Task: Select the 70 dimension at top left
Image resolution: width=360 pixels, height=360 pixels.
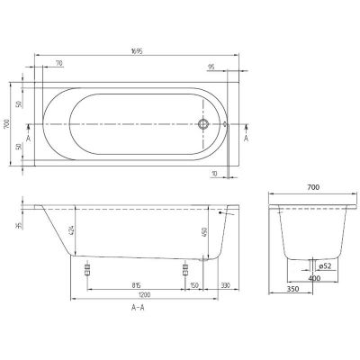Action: (x=58, y=65)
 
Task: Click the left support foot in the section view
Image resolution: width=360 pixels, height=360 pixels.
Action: (x=86, y=269)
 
